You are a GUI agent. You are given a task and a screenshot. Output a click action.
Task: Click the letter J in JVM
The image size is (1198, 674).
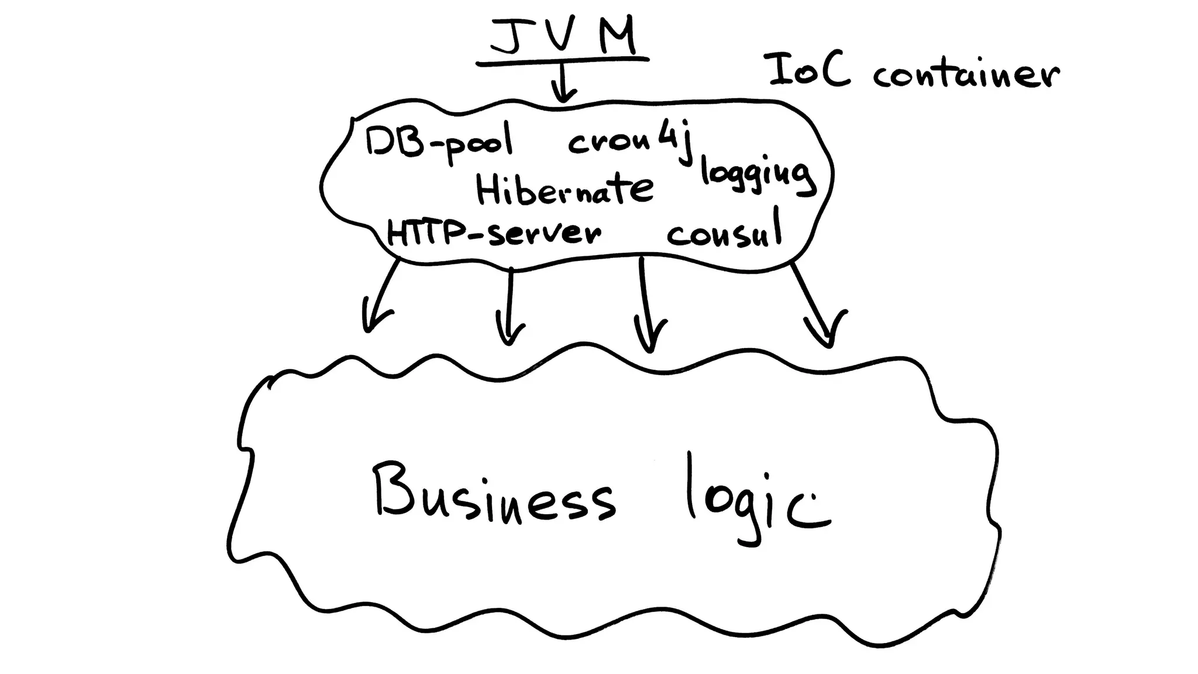point(507,35)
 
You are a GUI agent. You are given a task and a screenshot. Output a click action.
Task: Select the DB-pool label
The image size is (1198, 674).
point(439,142)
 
